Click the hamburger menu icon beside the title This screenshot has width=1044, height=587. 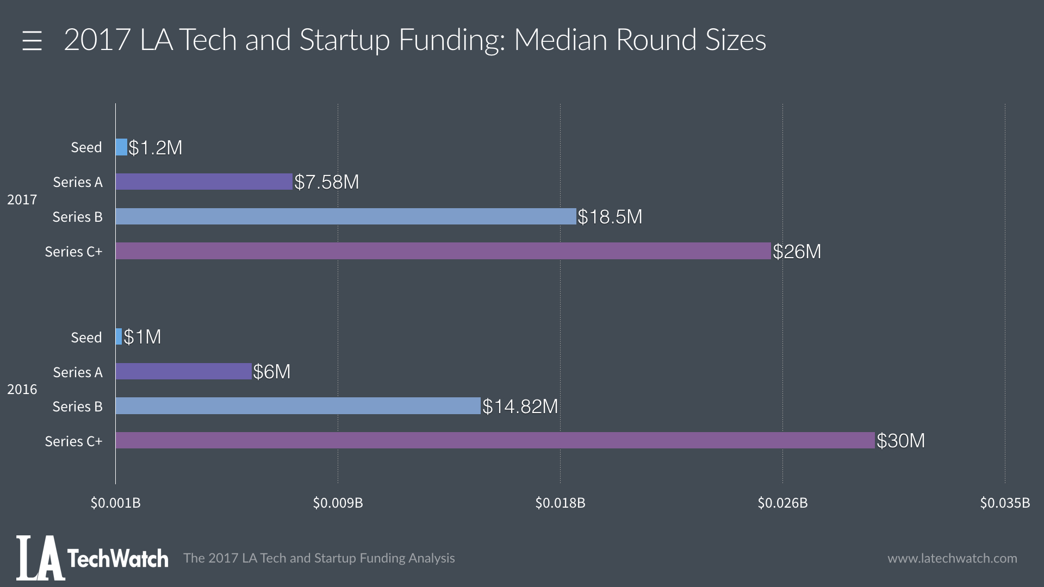(x=32, y=41)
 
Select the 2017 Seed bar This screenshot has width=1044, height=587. (x=121, y=147)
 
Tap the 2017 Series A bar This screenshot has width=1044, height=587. (x=204, y=182)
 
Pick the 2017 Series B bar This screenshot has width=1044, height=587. (x=346, y=216)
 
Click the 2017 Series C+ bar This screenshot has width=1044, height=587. (x=443, y=251)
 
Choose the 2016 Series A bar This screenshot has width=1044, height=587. (x=184, y=371)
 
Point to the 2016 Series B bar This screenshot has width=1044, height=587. (x=298, y=406)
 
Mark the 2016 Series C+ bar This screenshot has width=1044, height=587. (x=495, y=440)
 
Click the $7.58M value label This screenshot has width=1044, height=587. (x=327, y=182)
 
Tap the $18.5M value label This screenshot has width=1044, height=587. (x=610, y=217)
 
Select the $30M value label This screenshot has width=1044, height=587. (x=901, y=441)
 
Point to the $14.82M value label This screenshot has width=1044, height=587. (x=520, y=407)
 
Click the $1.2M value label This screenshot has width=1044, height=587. (x=156, y=148)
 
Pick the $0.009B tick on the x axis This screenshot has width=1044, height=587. (x=338, y=503)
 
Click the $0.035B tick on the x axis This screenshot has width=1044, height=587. (x=1005, y=503)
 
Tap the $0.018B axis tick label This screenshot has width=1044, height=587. (x=560, y=503)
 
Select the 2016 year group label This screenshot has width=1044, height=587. (x=22, y=389)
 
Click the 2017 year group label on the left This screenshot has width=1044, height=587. (x=22, y=199)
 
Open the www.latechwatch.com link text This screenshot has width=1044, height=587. (x=952, y=558)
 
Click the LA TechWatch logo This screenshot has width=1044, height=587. (x=92, y=558)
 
